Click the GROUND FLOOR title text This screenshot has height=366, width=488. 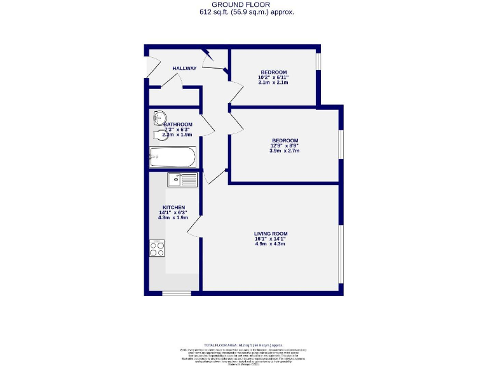point(244,4)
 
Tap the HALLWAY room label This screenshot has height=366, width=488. point(184,68)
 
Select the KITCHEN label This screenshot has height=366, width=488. point(173,208)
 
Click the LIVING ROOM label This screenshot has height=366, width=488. point(271,234)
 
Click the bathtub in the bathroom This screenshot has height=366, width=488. point(173,156)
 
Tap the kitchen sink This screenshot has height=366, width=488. point(182,180)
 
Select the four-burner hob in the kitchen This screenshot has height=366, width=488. point(157,248)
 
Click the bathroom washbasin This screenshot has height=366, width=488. point(158,116)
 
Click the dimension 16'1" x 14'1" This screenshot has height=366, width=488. point(271,239)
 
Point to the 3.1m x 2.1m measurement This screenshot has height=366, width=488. point(273,83)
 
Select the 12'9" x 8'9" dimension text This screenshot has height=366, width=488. point(285,146)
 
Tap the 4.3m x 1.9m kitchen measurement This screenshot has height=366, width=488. point(173,218)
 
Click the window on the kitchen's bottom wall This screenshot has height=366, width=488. point(176,293)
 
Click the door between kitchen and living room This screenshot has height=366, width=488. point(199,224)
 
